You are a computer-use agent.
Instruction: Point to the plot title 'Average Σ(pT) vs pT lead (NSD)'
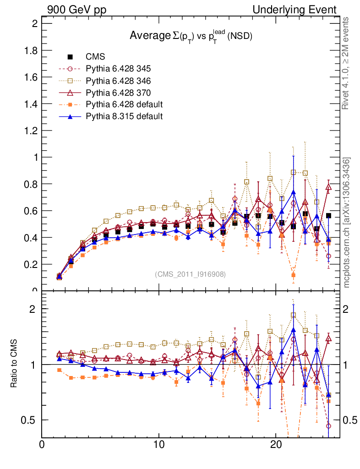tap(191, 36)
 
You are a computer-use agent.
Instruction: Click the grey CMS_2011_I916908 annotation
tap(191, 274)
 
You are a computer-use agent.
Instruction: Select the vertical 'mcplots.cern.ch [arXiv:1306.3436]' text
tap(348, 222)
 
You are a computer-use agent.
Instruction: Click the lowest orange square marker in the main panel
tap(293, 275)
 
